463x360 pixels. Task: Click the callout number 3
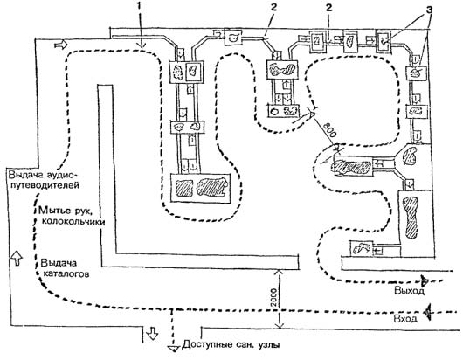pyautogui.click(x=428, y=10)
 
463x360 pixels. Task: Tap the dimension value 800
pyautogui.click(x=329, y=129)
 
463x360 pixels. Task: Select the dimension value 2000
pyautogui.click(x=273, y=298)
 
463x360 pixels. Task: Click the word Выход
pyautogui.click(x=409, y=291)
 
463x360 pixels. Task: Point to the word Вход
pyautogui.click(x=405, y=319)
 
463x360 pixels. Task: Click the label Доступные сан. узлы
pyautogui.click(x=231, y=344)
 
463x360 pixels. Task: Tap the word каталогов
pyautogui.click(x=66, y=274)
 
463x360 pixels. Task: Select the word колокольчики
pyautogui.click(x=73, y=221)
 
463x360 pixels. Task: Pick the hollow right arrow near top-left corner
pyautogui.click(x=61, y=45)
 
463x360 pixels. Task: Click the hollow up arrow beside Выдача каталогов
pyautogui.click(x=17, y=258)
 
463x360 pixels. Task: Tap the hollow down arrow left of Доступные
pyautogui.click(x=152, y=333)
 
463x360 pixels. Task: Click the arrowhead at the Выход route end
pyautogui.click(x=425, y=280)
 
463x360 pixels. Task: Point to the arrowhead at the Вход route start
pyautogui.click(x=427, y=312)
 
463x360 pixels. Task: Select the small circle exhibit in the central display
pyautogui.click(x=274, y=112)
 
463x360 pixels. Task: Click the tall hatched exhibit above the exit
pyautogui.click(x=411, y=218)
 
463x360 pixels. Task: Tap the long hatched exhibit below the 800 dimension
pyautogui.click(x=351, y=168)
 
